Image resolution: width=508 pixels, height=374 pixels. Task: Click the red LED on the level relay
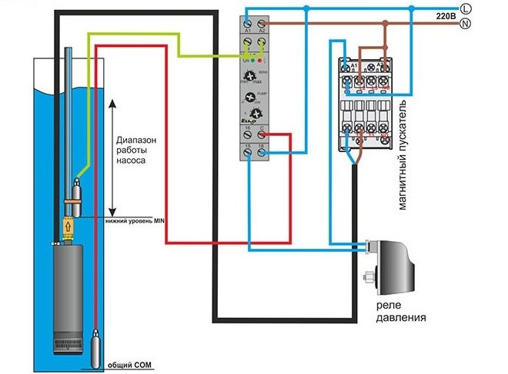265,58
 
